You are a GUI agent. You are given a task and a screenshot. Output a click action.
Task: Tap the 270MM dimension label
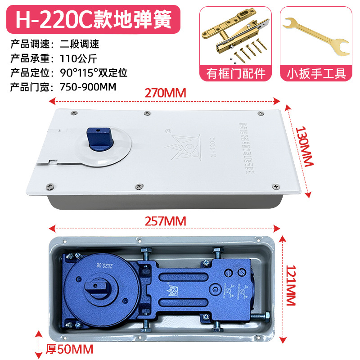(165, 93)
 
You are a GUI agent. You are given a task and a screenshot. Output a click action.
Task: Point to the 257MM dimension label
(165, 221)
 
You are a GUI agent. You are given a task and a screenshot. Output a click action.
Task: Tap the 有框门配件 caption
(236, 73)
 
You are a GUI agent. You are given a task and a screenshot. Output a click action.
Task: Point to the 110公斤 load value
(79, 58)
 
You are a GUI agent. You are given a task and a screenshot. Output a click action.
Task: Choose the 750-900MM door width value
(88, 85)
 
